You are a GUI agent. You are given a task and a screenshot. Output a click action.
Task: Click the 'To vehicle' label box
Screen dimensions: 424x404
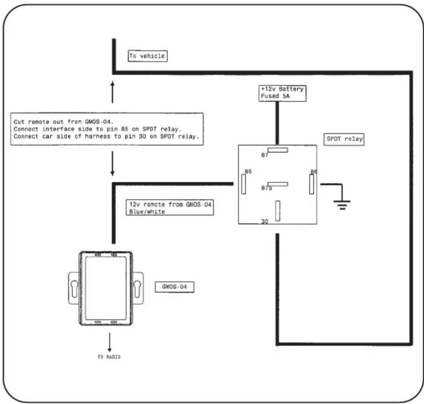click(x=148, y=56)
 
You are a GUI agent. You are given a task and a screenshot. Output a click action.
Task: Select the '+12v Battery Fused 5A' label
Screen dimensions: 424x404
click(x=282, y=93)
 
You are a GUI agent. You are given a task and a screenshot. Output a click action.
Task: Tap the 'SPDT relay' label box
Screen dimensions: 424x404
click(x=344, y=139)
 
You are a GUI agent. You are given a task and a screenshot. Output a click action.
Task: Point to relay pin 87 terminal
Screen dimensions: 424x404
click(x=278, y=150)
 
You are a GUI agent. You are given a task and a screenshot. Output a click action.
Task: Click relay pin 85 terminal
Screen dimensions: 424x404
click(x=243, y=184)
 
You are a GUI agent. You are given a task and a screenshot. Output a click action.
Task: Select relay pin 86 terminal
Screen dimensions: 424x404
click(x=311, y=184)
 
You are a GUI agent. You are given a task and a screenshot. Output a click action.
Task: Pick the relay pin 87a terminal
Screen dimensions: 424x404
click(x=278, y=184)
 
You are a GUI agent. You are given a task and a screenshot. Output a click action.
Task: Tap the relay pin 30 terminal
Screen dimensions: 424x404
click(x=278, y=211)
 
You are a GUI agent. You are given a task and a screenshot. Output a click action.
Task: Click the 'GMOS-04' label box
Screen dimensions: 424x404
click(x=174, y=287)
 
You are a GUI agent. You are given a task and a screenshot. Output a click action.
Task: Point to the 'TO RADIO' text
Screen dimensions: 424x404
click(x=109, y=357)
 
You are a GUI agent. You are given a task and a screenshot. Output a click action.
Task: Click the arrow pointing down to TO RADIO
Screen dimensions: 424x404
click(x=109, y=342)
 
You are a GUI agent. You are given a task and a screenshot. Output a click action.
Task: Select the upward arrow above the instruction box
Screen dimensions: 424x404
click(x=112, y=92)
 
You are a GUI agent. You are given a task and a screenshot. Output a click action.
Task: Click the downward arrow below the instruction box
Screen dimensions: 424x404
click(x=112, y=164)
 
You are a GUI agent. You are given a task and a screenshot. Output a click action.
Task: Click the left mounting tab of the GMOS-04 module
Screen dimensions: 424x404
click(x=74, y=288)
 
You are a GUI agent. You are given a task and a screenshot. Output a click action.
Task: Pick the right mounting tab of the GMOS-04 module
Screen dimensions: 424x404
click(x=138, y=288)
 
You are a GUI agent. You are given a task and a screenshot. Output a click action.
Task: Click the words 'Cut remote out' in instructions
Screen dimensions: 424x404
click(x=39, y=122)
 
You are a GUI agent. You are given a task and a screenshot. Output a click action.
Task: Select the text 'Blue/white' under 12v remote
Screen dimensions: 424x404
click(x=147, y=212)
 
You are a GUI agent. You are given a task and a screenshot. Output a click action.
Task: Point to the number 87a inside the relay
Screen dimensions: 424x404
click(x=267, y=188)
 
